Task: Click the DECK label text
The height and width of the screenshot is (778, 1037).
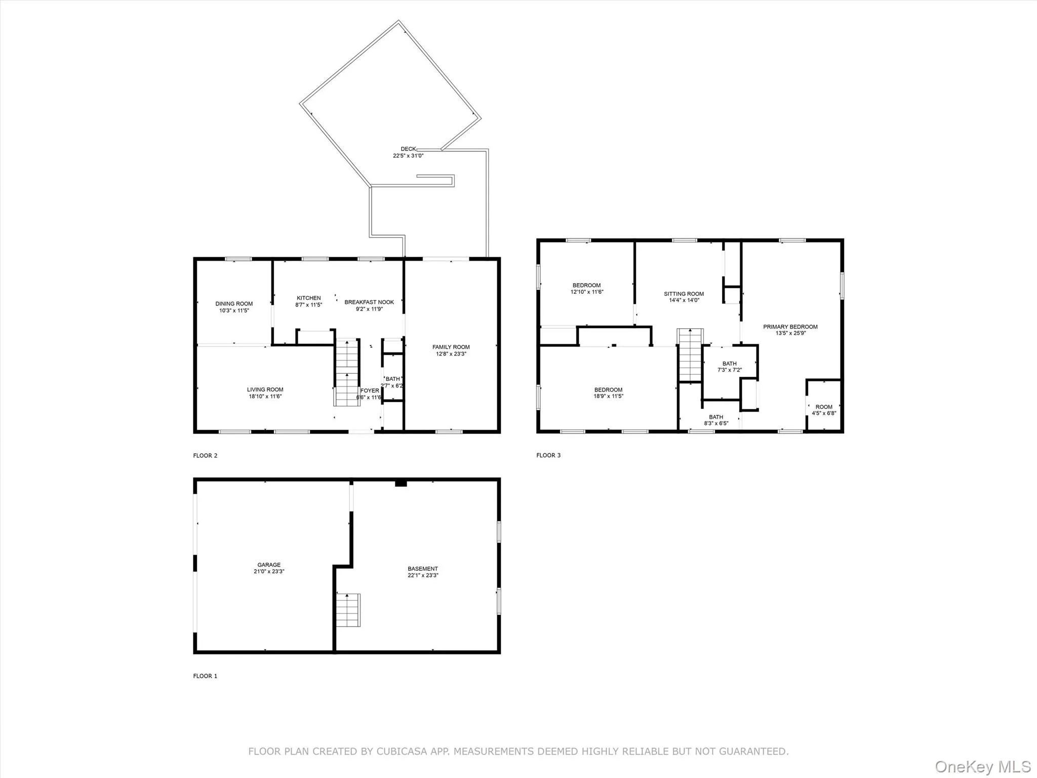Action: click(x=408, y=149)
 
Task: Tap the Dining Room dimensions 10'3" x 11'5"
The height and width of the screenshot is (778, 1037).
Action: click(x=234, y=310)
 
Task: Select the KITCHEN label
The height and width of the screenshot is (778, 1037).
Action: click(x=308, y=298)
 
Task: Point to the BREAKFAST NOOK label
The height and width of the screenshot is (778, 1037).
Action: click(x=369, y=302)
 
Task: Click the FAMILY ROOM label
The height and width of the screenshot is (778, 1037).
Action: click(x=451, y=347)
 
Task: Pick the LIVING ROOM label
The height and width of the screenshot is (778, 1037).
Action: click(x=265, y=390)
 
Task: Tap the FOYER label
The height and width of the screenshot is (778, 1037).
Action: click(x=370, y=391)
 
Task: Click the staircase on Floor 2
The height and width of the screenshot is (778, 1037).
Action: click(x=347, y=372)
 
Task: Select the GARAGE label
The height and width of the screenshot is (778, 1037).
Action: click(x=269, y=565)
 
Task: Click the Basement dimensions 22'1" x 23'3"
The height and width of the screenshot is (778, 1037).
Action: click(x=423, y=575)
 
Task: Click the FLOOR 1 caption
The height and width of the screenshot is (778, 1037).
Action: click(x=205, y=676)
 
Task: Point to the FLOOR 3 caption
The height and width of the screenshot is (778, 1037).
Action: click(x=548, y=455)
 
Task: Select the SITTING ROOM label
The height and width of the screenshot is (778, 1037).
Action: click(x=684, y=294)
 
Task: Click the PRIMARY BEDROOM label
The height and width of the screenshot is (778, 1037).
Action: click(x=790, y=327)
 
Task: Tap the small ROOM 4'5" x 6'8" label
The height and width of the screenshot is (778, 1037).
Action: click(x=824, y=410)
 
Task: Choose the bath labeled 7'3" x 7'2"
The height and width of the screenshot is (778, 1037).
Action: click(x=729, y=367)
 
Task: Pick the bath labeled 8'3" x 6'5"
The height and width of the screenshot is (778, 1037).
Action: click(x=716, y=420)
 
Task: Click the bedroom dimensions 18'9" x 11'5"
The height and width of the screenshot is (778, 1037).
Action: click(x=608, y=396)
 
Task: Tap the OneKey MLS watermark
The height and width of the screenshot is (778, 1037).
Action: click(x=982, y=766)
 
